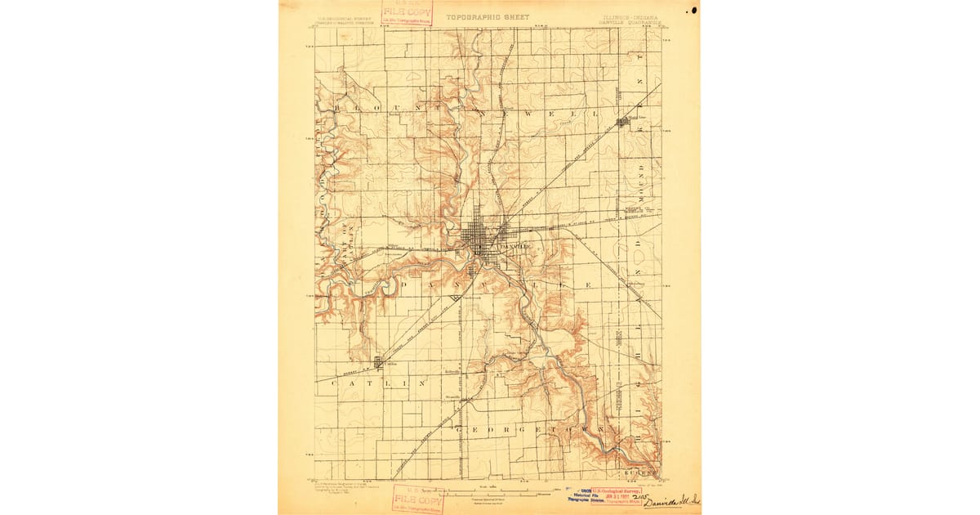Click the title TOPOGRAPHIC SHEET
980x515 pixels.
click(488, 16)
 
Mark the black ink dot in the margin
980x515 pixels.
click(693, 11)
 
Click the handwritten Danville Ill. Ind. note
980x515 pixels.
click(671, 500)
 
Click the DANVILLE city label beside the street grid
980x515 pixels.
click(518, 246)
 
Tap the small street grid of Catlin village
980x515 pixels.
click(379, 362)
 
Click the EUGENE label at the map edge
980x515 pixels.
click(640, 473)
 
